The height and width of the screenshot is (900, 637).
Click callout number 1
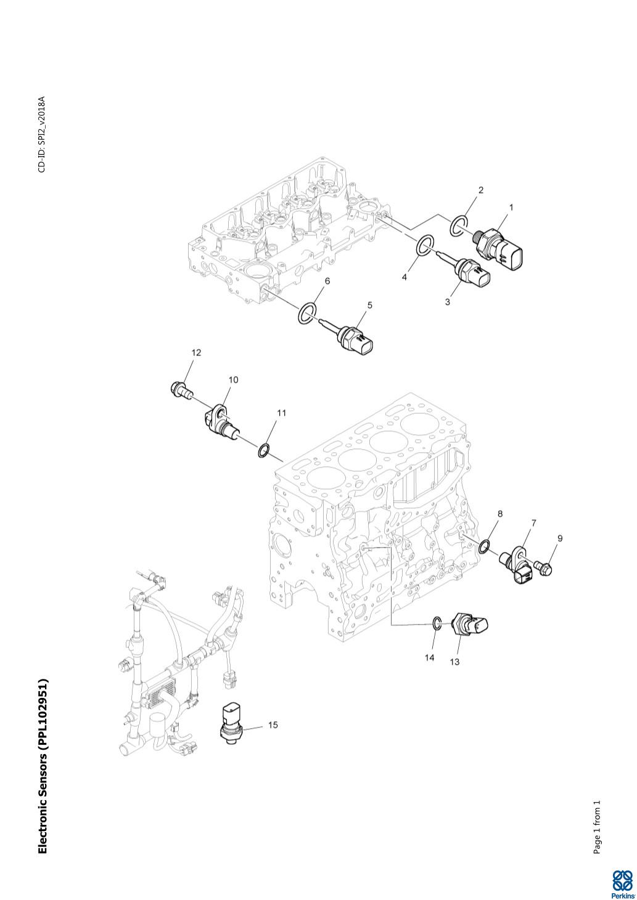[x=511, y=208]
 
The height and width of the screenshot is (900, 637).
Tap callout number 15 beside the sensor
[x=273, y=725]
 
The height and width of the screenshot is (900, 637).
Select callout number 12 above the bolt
[x=196, y=352]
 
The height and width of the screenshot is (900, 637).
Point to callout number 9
[x=560, y=538]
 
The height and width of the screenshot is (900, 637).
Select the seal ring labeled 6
[x=307, y=309]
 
